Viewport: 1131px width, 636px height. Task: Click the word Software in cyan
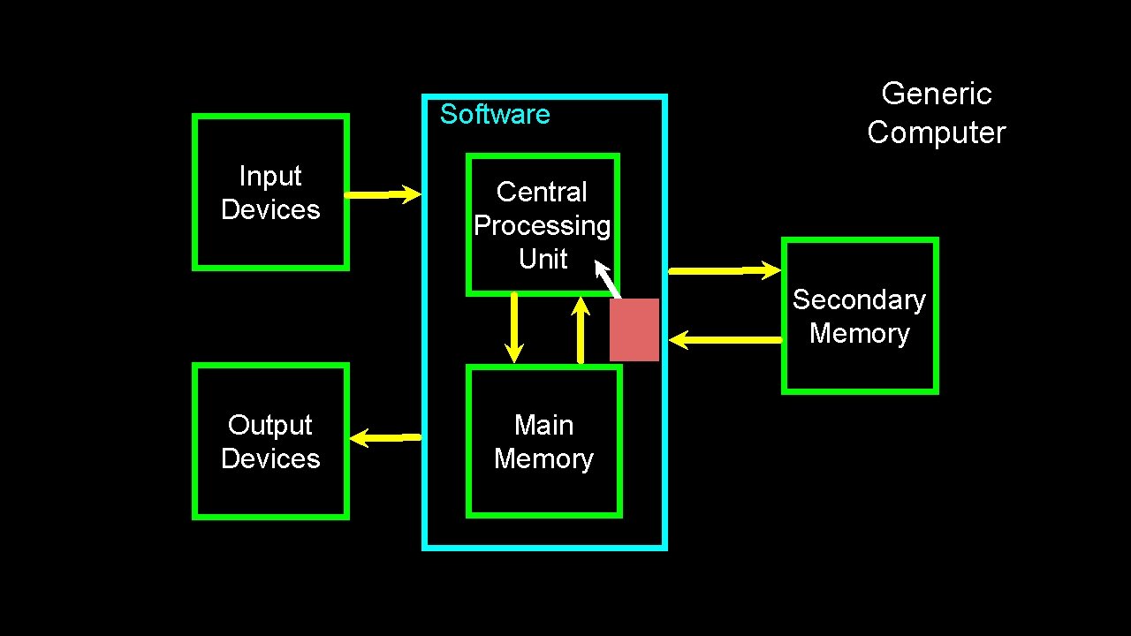495,114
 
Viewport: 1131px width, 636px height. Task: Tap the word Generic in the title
937,94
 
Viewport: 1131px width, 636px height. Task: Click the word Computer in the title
937,133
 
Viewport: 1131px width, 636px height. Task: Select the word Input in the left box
270,177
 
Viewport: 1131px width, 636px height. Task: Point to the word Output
269,426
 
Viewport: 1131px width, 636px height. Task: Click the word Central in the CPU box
542,192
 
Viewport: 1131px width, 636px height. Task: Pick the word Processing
543,226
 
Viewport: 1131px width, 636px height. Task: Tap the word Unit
543,259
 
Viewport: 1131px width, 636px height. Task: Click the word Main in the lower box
543,425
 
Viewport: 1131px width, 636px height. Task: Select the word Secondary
860,300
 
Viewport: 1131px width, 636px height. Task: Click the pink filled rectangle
634,329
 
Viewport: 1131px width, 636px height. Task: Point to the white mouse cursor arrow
607,279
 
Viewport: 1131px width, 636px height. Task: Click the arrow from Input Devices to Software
383,194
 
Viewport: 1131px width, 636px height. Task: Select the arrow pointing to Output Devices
385,437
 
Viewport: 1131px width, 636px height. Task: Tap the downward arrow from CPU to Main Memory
514,328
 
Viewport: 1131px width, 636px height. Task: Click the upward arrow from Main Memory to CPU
581,329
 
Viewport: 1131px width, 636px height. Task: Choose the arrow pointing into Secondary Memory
725,270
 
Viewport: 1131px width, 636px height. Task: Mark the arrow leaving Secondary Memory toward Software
725,340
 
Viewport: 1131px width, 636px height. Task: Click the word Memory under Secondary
860,334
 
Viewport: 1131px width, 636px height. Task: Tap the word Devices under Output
270,458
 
